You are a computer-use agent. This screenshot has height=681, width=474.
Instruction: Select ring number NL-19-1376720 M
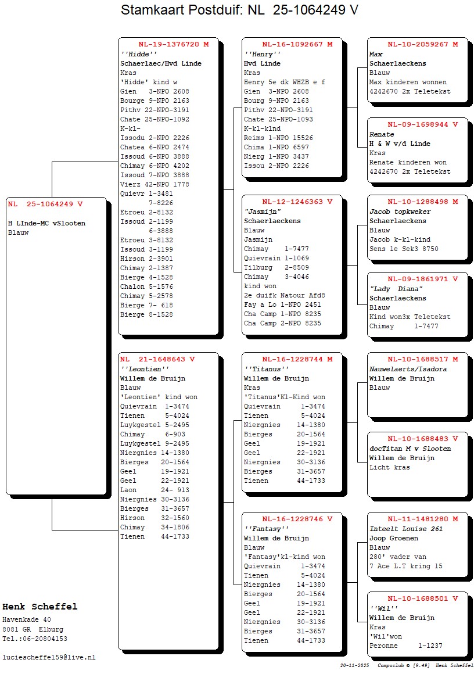pyautogui.click(x=173, y=44)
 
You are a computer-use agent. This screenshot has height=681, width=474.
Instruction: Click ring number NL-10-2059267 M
pyautogui.click(x=422, y=44)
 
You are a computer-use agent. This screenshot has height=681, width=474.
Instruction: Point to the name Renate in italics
pyautogui.click(x=382, y=134)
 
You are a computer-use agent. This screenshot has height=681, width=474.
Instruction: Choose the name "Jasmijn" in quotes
pyautogui.click(x=263, y=212)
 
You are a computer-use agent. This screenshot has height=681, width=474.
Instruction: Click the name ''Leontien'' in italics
pyautogui.click(x=145, y=369)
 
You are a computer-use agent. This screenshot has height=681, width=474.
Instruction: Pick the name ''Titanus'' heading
pyautogui.click(x=266, y=369)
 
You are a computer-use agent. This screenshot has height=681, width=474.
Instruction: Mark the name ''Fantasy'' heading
pyautogui.click(x=266, y=529)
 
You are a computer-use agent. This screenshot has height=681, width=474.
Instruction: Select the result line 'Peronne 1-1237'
pyautogui.click(x=405, y=646)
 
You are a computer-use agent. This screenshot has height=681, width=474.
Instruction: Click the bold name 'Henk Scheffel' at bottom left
pyautogui.click(x=39, y=607)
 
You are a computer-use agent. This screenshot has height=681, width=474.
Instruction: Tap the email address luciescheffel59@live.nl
pyautogui.click(x=49, y=657)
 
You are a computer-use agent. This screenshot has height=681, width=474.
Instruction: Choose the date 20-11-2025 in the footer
pyautogui.click(x=355, y=665)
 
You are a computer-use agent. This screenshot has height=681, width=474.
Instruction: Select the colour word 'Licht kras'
pyautogui.click(x=389, y=467)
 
